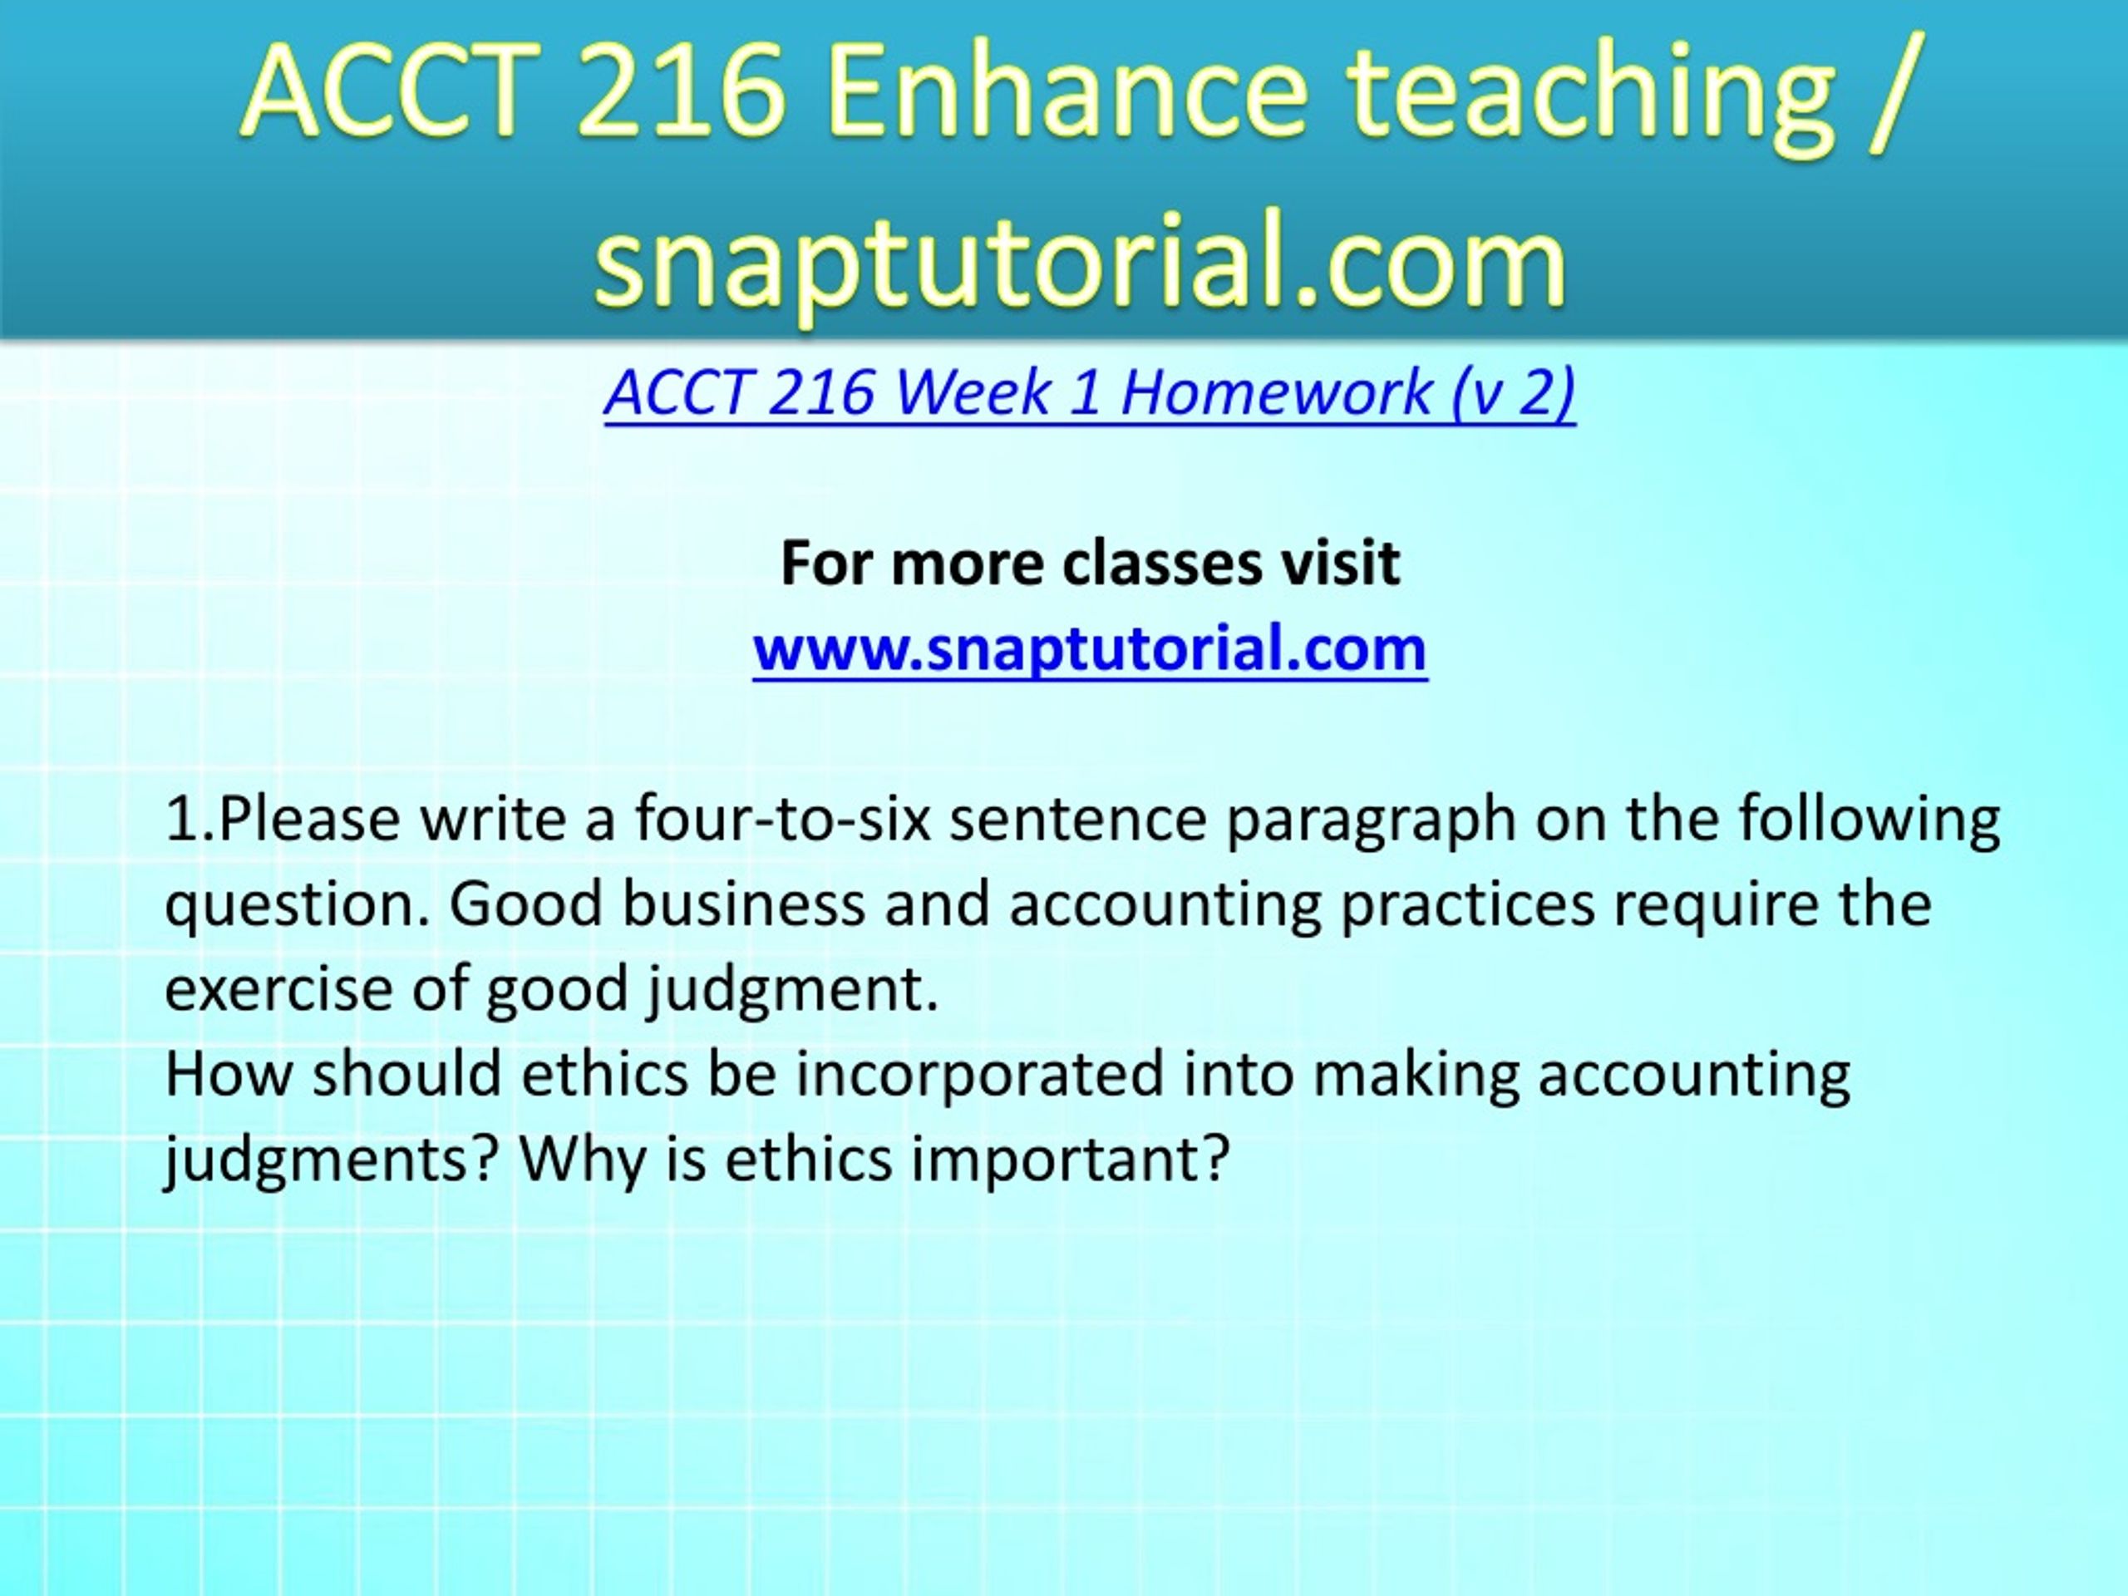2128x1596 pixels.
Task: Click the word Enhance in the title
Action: point(1065,92)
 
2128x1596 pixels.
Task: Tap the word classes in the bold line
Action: point(1161,563)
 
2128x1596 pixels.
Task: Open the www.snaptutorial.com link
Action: point(1090,650)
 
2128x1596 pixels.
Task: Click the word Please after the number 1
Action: point(309,820)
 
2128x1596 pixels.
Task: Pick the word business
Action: point(745,905)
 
